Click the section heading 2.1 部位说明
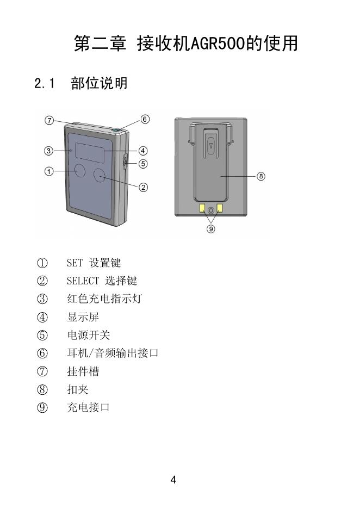tap(81, 84)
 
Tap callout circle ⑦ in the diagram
tap(49, 121)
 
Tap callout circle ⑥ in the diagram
tap(145, 119)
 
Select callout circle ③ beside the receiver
tap(48, 151)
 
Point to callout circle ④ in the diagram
tap(143, 151)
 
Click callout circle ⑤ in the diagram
tap(143, 163)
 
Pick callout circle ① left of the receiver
tap(48, 172)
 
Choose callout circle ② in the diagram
tap(143, 188)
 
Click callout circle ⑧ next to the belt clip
tap(261, 176)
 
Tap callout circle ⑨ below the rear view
tap(211, 229)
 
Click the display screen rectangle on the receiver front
tap(89, 152)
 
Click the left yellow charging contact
tap(202, 208)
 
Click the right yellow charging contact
tap(220, 208)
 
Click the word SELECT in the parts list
tap(83, 281)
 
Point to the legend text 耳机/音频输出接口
tap(113, 353)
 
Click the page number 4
tap(173, 480)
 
